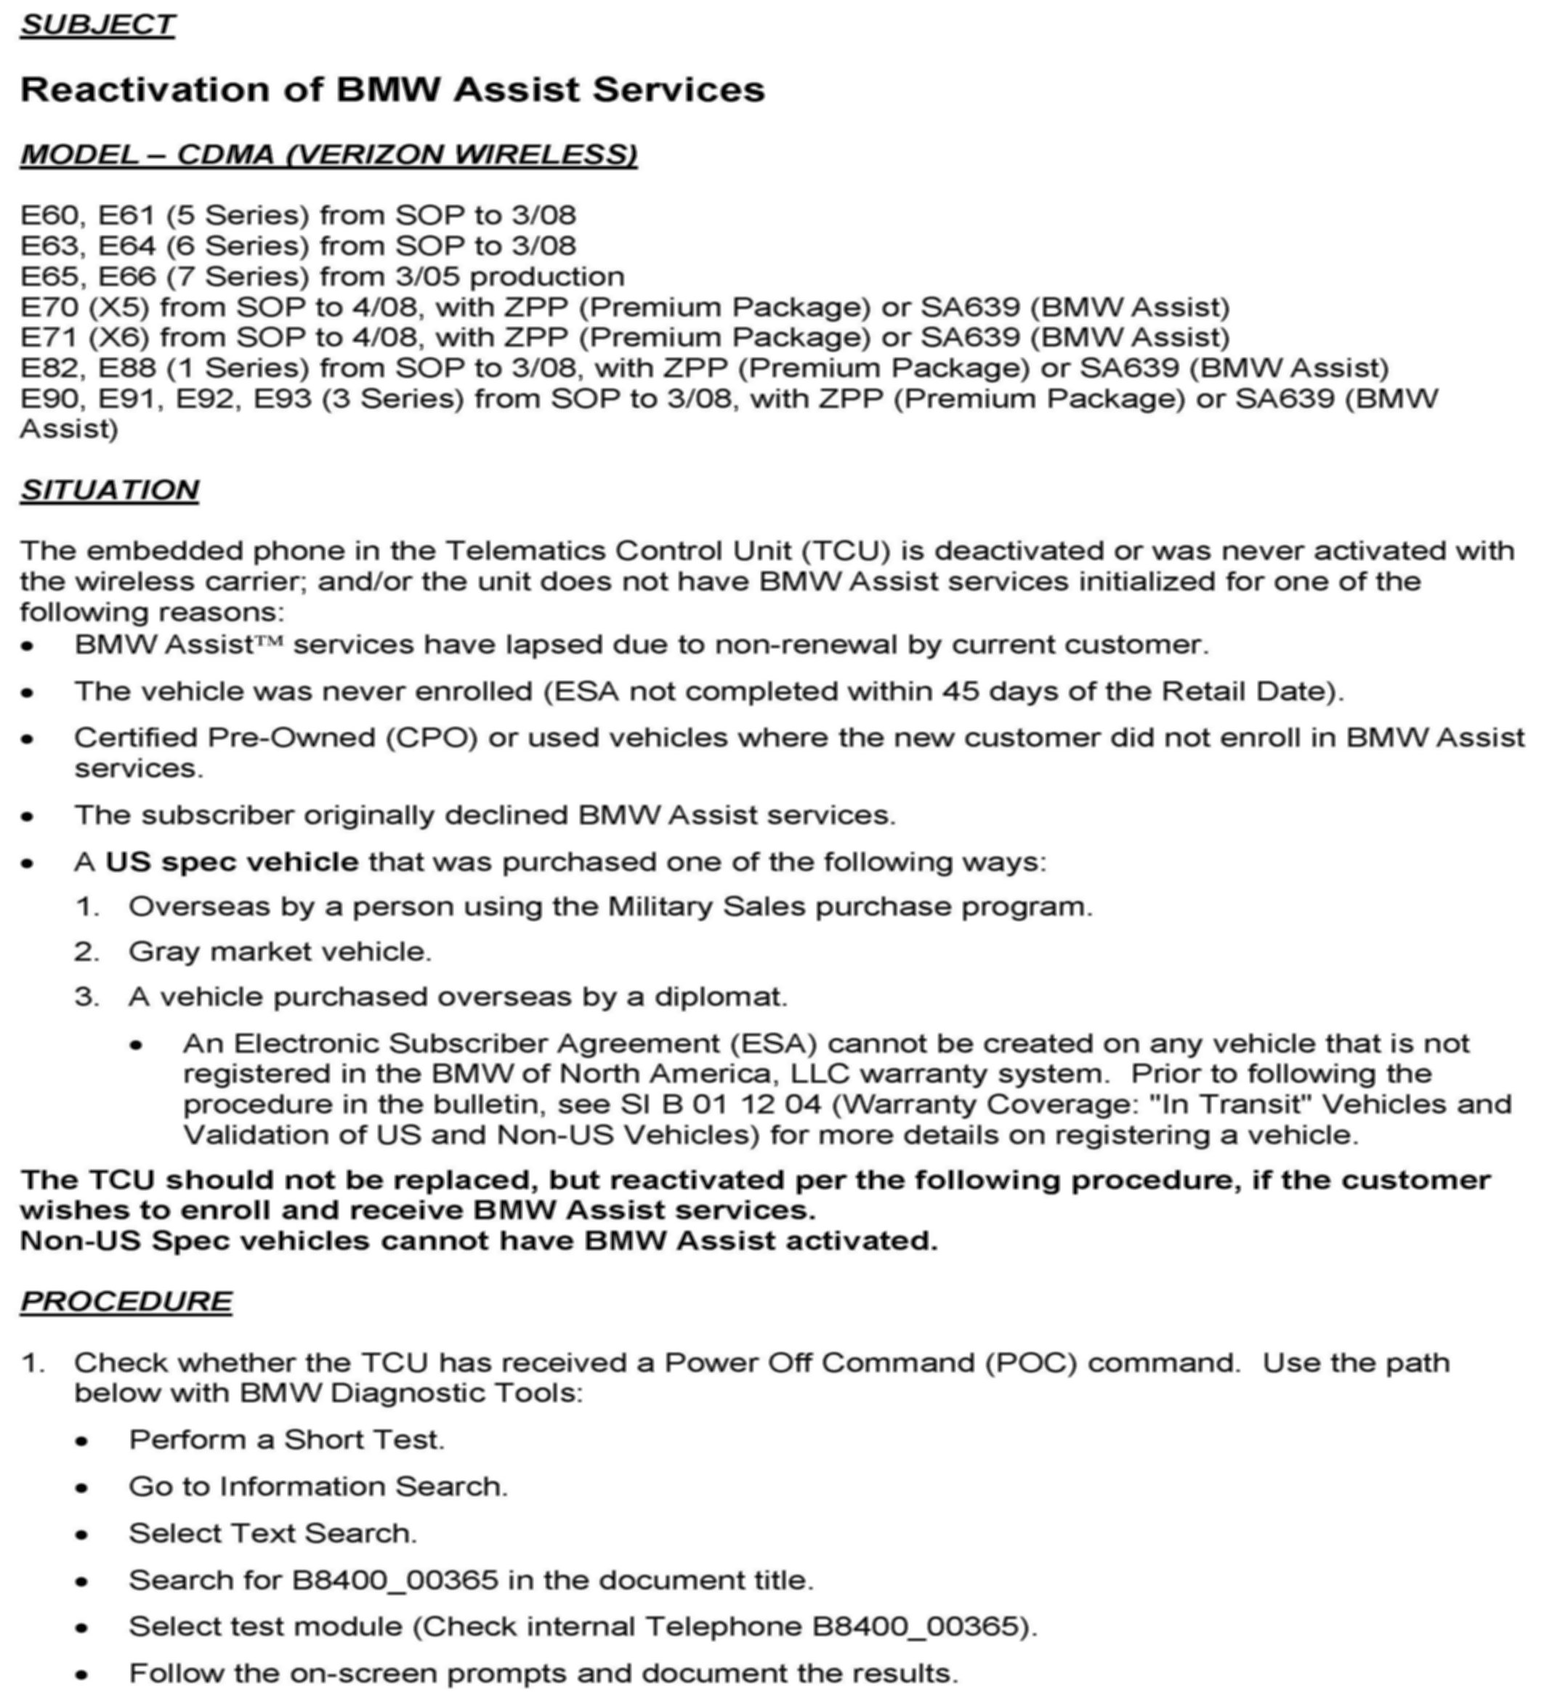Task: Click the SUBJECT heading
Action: (97, 25)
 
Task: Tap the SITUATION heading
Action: (110, 490)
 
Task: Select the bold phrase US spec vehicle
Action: (231, 862)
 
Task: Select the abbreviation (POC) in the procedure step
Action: (1031, 1362)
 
